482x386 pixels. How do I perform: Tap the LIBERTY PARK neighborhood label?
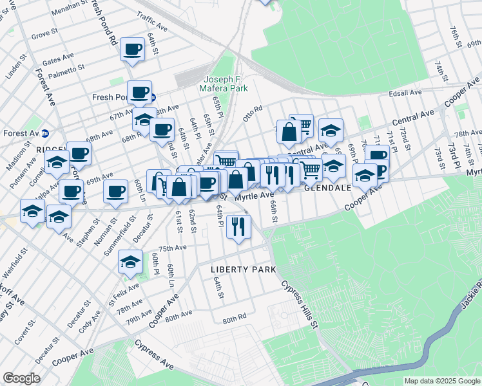coord(244,269)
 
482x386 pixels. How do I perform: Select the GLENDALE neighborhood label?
coord(329,187)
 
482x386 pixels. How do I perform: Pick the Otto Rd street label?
coord(253,113)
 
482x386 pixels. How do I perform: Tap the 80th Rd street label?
coord(235,318)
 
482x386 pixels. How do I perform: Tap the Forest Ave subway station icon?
coord(46,134)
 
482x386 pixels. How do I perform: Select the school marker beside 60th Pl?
coord(130,262)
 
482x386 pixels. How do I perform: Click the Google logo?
coord(21,378)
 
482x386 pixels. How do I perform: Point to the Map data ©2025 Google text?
coord(441,381)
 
